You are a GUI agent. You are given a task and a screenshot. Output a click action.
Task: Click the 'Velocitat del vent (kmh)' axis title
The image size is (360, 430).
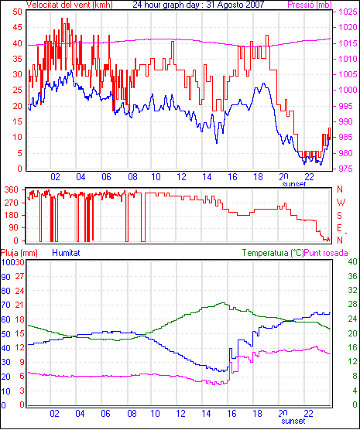point(70,5)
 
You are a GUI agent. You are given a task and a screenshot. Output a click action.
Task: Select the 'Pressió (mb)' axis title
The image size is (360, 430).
point(310,5)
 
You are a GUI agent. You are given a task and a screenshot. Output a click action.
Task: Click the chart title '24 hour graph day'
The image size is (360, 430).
point(166,5)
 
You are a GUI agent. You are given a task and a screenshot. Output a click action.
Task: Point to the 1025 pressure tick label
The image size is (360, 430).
point(348,12)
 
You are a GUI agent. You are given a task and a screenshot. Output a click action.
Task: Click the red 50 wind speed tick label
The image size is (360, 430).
point(18,12)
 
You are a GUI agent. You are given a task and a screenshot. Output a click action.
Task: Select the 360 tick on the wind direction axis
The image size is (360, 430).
point(12,189)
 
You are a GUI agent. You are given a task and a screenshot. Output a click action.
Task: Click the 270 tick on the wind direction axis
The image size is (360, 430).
point(12,203)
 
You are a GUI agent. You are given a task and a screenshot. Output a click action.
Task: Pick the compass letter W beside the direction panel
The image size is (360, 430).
point(341,203)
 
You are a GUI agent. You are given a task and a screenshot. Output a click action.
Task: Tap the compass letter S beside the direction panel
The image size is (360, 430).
point(340,216)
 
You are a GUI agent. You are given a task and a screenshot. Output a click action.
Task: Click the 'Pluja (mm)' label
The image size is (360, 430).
point(19,253)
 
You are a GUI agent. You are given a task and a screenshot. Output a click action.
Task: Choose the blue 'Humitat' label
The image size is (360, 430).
point(66,253)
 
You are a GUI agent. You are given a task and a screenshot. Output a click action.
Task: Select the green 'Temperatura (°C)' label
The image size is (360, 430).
point(273,253)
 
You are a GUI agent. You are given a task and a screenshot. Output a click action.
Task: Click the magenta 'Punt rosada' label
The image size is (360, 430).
point(326,253)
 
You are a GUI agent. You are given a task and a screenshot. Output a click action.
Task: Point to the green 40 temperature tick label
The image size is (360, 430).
point(352,261)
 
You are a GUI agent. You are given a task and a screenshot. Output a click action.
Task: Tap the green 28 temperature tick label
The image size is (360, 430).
point(352,305)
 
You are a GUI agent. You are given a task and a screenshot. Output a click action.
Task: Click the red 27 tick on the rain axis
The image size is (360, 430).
point(20,276)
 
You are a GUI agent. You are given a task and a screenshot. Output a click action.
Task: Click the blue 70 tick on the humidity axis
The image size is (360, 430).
point(5,305)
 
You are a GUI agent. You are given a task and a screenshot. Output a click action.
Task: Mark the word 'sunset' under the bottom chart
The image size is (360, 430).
point(293,421)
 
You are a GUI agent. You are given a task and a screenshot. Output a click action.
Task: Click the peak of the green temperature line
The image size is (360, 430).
point(223,302)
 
